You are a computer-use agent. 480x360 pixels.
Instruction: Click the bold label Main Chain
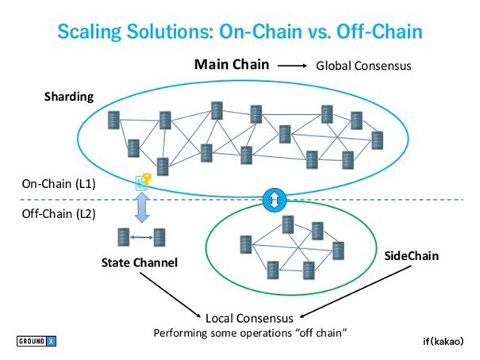(x=232, y=65)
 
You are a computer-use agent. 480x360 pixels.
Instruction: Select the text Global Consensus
(x=363, y=66)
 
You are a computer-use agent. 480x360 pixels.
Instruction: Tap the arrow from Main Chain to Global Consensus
(x=292, y=66)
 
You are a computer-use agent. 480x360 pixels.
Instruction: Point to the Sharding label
(x=69, y=97)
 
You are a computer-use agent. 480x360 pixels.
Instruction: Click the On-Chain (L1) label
(x=59, y=184)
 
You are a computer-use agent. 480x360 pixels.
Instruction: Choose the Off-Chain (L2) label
(x=59, y=214)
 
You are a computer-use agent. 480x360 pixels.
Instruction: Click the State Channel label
(x=140, y=262)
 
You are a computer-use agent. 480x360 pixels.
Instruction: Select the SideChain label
(x=411, y=255)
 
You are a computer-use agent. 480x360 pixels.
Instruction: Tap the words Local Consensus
(x=249, y=319)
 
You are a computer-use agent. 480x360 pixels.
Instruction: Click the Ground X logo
(x=36, y=341)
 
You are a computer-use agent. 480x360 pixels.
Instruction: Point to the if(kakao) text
(x=443, y=341)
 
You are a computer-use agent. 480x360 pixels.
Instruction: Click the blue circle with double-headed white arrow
(x=275, y=200)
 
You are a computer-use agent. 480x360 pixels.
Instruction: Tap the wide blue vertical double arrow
(x=142, y=207)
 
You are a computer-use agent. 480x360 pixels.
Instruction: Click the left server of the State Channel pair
(x=124, y=237)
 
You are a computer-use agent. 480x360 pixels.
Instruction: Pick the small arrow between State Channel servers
(x=141, y=237)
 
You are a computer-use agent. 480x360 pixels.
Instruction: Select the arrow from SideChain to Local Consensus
(x=355, y=292)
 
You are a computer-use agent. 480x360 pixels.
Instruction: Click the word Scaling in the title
(x=89, y=32)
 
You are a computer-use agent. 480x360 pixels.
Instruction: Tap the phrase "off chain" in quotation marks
(x=322, y=332)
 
